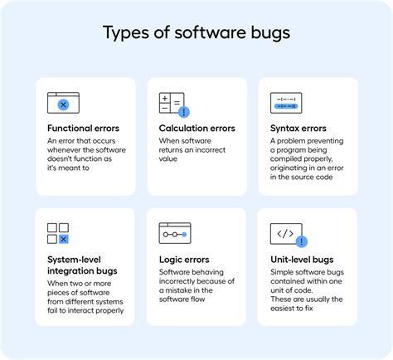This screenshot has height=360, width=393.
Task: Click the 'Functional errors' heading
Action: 83,129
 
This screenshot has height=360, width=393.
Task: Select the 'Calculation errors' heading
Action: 196,129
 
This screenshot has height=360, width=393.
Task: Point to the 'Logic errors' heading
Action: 185,259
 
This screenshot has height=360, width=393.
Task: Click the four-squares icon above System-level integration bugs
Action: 58,234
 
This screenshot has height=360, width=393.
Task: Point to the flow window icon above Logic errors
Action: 175,234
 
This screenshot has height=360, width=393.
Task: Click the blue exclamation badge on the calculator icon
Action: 184,111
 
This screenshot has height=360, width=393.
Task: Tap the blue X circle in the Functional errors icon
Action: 63,106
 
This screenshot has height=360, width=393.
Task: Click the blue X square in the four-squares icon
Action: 64,240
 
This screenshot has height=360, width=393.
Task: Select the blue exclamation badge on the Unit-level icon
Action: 301,242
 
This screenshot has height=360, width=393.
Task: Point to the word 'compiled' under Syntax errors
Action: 290,159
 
